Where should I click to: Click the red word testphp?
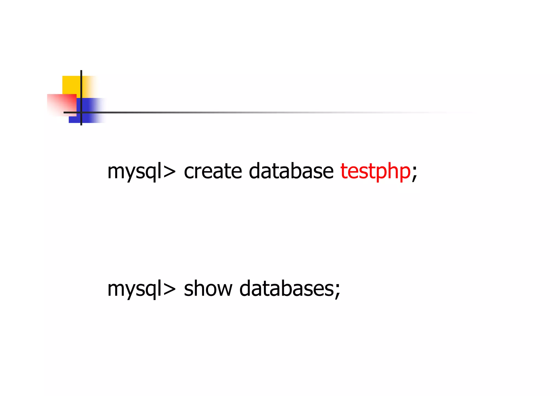pyautogui.click(x=375, y=172)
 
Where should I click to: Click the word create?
pyautogui.click(x=213, y=172)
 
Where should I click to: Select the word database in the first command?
pyautogui.click(x=291, y=172)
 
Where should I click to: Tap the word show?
pyautogui.click(x=208, y=289)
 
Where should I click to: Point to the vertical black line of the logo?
pyautogui.click(x=81, y=82)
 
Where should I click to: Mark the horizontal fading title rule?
pyautogui.click(x=246, y=112)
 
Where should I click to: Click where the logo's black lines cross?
pyautogui.click(x=81, y=112)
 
